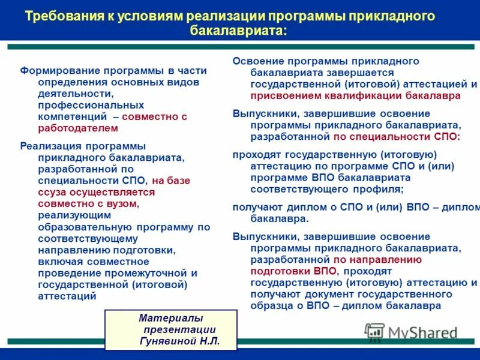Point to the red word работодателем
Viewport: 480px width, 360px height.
(x=78, y=128)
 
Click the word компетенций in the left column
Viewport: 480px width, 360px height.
(x=73, y=116)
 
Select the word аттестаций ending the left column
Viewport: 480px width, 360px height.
(x=67, y=296)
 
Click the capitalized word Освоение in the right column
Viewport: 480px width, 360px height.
(x=259, y=61)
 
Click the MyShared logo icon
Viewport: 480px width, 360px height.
(x=374, y=332)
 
